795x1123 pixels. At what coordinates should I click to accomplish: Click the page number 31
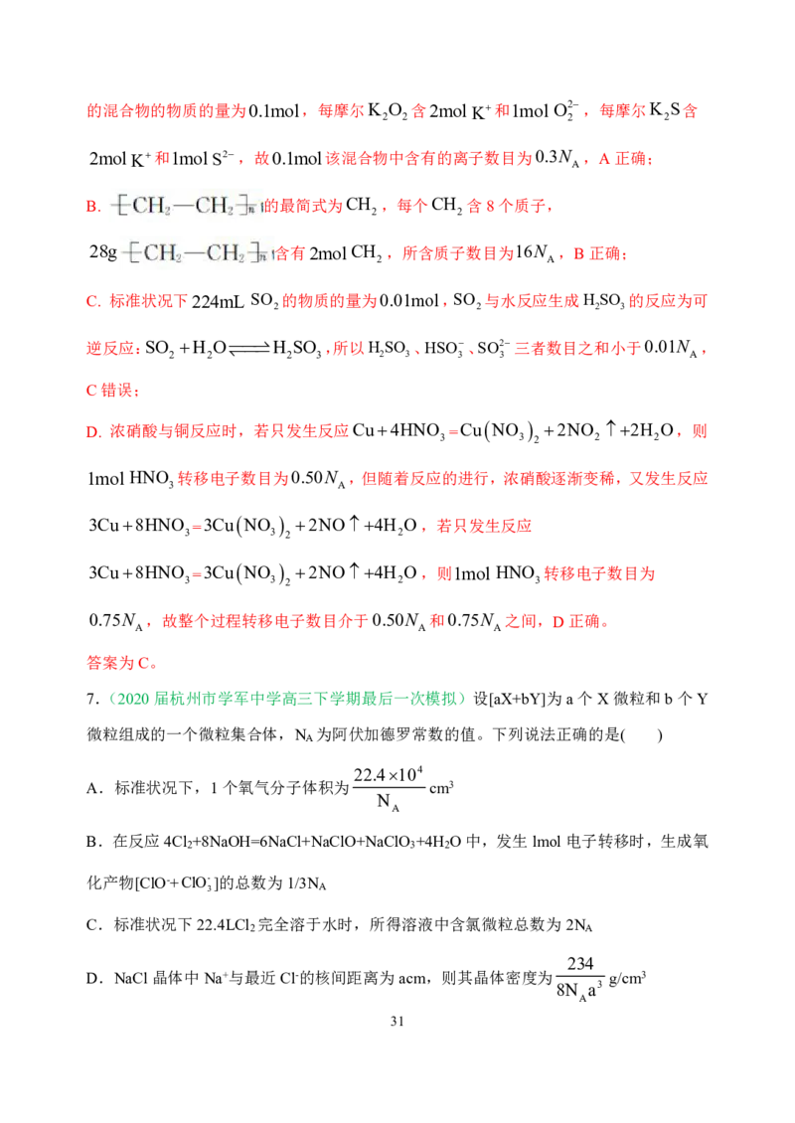[397, 1022]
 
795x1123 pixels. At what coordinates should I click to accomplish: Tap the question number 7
[91, 699]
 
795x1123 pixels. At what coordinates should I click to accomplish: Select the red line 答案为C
[121, 663]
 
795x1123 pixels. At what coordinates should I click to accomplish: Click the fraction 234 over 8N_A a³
[580, 978]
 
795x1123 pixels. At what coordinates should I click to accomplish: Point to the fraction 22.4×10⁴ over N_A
[389, 788]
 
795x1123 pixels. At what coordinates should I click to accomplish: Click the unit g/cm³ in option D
[627, 978]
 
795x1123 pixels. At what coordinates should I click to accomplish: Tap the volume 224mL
[218, 301]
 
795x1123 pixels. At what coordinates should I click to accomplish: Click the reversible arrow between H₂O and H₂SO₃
[249, 348]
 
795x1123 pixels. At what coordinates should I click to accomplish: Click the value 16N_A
[535, 252]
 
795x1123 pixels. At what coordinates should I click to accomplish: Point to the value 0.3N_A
[556, 158]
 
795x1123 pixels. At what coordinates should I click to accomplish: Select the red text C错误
[113, 390]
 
